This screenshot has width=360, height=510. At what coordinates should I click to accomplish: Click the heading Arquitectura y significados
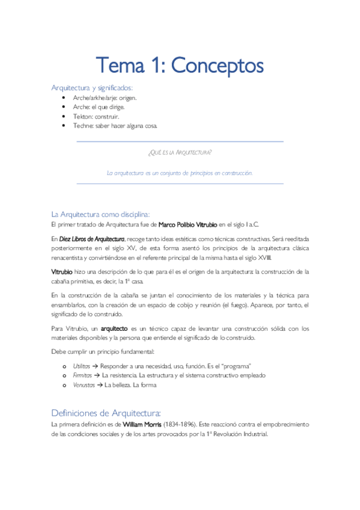coord(92,88)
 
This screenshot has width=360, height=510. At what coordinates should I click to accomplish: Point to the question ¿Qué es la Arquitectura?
coord(180,152)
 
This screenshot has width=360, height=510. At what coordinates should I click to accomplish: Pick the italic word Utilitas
coord(82,366)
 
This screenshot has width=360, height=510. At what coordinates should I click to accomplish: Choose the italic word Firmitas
coord(82,375)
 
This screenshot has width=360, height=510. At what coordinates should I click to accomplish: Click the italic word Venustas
coord(84,385)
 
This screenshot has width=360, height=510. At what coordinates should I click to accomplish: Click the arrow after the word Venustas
coord(100,385)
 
